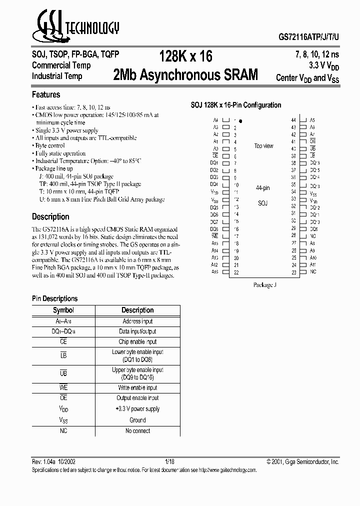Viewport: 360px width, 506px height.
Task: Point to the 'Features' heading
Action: click(46, 94)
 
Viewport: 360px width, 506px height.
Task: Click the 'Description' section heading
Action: click(50, 217)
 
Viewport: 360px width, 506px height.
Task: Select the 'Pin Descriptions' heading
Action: click(55, 298)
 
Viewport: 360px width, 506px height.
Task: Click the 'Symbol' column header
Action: click(63, 310)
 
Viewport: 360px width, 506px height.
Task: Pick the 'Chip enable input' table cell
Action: click(137, 341)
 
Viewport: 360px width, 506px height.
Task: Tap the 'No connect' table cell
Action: click(137, 430)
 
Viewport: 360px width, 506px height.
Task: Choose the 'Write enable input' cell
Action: click(137, 387)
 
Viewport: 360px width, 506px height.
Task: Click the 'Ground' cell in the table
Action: click(137, 420)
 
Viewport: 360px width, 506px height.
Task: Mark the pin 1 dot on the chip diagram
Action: click(240, 121)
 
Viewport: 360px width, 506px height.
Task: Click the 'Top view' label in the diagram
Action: click(263, 146)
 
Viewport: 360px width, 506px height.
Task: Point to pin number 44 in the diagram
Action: click(293, 120)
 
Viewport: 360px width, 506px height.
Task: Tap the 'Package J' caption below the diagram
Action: click(263, 285)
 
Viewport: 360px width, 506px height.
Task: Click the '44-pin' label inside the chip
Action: click(262, 188)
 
